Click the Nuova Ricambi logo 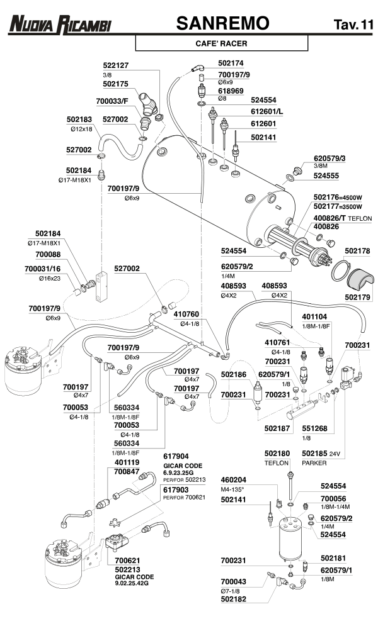(x=59, y=25)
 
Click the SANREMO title (x=223, y=23)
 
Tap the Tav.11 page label (x=351, y=25)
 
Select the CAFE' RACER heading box (x=222, y=44)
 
